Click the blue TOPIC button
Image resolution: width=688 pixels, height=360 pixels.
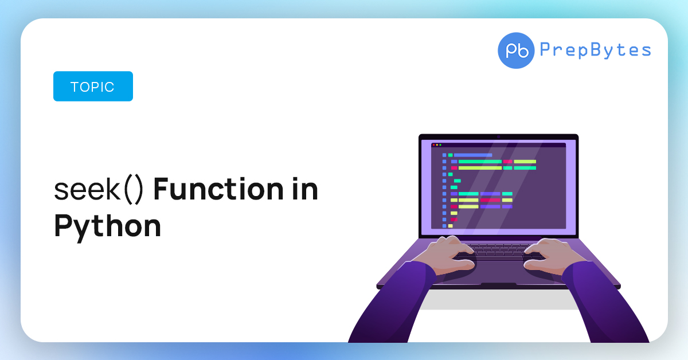[93, 87]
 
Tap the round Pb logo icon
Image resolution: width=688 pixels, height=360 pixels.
[516, 50]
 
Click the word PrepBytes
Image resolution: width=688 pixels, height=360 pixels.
[595, 50]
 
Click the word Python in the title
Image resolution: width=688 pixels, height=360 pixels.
[107, 226]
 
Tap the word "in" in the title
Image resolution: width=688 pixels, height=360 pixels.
[303, 190]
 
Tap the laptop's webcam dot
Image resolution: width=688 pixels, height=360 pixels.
[498, 136]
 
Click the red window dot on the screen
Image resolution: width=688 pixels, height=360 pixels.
[433, 145]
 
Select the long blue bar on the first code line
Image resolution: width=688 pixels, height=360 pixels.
[473, 155]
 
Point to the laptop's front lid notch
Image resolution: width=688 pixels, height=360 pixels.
[498, 285]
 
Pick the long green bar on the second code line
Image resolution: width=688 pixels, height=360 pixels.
[480, 162]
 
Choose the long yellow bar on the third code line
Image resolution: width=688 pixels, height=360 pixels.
[480, 168]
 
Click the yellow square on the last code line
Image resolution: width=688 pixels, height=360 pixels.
[451, 226]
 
